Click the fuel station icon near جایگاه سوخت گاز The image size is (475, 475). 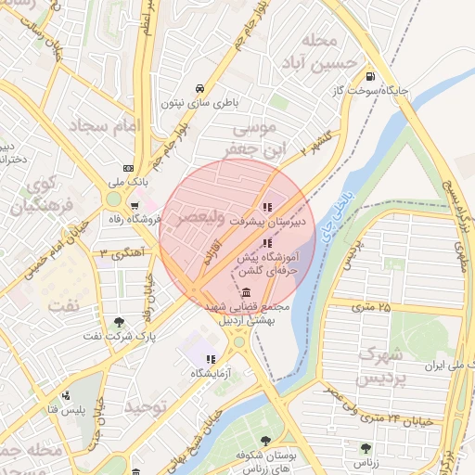371,77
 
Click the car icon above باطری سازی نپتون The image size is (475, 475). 199,89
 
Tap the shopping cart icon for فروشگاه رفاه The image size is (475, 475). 135,206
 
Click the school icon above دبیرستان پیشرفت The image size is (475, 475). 268,206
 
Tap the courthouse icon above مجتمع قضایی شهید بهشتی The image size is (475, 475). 245,292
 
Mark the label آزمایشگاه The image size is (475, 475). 211,373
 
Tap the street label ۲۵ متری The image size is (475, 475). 371,306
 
